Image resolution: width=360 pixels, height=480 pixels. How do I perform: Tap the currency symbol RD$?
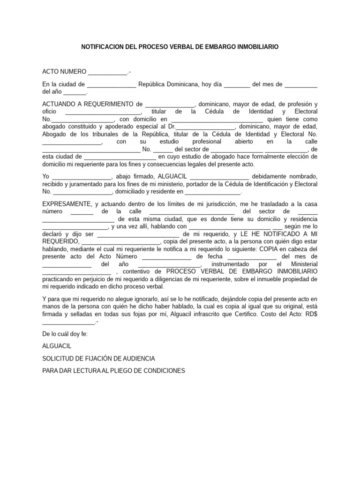tap(310, 314)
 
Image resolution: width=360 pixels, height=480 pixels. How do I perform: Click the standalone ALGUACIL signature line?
tap(56, 346)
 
